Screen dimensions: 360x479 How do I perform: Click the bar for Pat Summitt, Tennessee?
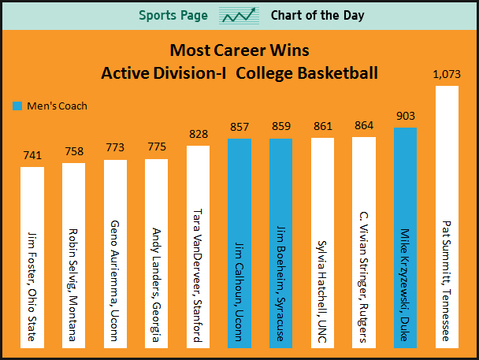(x=447, y=217)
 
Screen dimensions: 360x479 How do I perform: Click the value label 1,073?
(x=447, y=75)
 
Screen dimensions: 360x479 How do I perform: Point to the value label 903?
(x=405, y=116)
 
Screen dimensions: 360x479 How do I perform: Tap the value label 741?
(x=32, y=156)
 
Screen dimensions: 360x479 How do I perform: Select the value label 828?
(x=198, y=135)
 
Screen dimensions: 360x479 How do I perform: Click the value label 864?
(x=364, y=125)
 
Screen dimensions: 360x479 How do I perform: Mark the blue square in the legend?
(x=18, y=106)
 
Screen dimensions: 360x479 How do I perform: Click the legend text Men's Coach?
(x=57, y=106)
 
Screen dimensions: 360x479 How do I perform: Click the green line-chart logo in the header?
(x=239, y=16)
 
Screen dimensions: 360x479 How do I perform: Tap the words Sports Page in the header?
(x=173, y=16)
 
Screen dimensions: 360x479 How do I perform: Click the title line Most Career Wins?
(x=239, y=51)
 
